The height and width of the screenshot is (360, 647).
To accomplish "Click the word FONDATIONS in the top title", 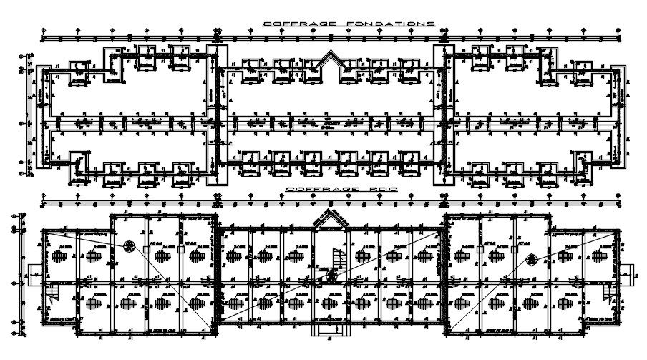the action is point(391,24).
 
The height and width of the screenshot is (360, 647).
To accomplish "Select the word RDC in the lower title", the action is point(362,189).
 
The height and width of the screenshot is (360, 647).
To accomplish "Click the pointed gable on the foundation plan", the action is point(331,59).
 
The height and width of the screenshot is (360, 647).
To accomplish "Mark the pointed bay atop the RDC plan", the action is point(331,219).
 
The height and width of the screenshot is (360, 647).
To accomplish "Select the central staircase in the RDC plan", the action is point(336,256).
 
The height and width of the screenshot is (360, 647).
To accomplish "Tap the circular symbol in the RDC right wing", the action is point(531,259).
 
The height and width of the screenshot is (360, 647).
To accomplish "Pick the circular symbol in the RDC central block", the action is point(331,276).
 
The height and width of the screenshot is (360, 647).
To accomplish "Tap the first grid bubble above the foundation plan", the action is point(43,31).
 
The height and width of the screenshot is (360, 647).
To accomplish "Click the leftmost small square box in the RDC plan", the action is point(147,250).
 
